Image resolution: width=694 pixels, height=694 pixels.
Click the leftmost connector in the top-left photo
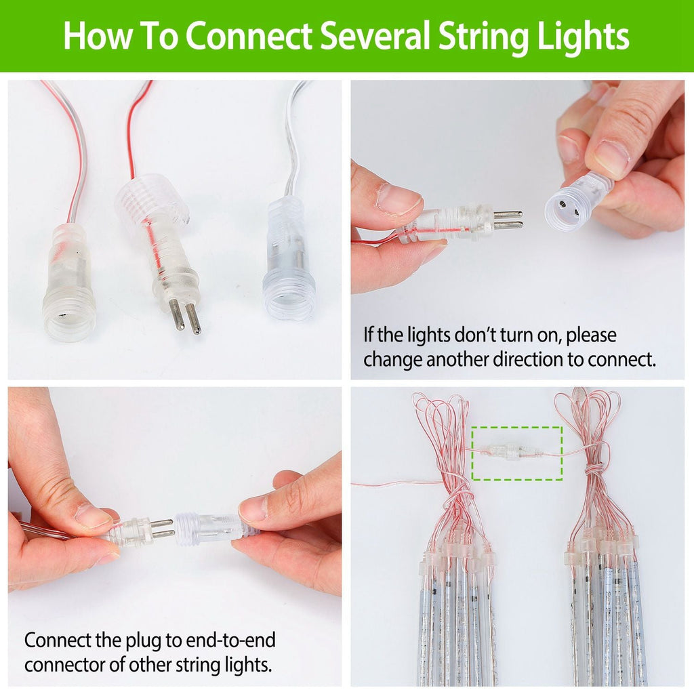(68, 285)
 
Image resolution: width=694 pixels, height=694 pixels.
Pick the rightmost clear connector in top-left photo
(289, 261)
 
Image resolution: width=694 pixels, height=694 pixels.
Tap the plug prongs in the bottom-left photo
(161, 528)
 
